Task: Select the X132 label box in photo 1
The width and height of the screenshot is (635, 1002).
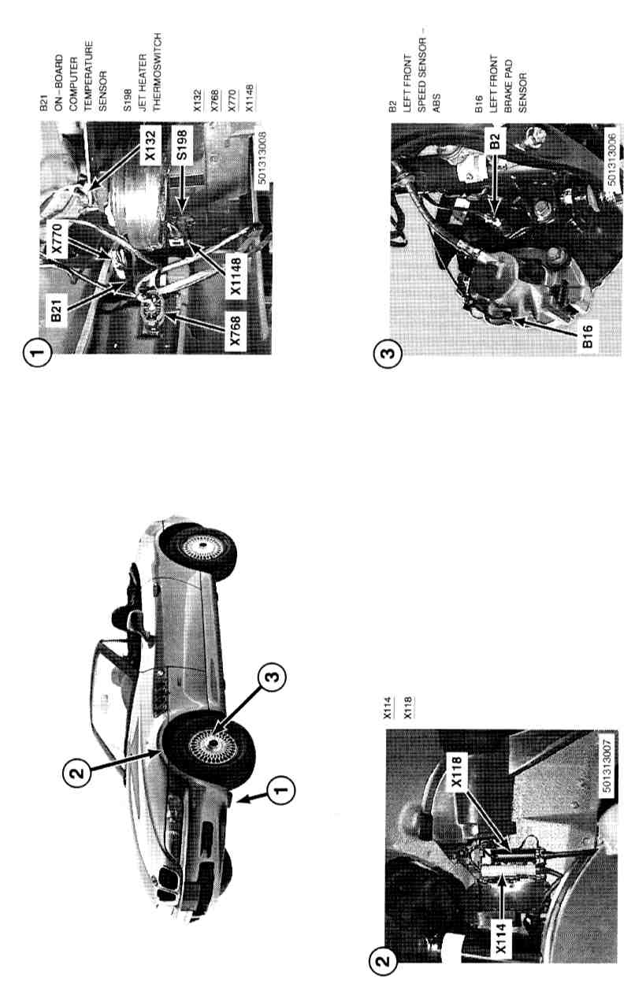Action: click(150, 144)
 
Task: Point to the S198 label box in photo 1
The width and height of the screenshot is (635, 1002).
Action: click(182, 143)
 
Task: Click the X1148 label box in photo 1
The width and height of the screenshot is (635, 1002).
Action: click(236, 276)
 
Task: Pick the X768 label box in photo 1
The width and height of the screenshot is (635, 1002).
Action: click(236, 331)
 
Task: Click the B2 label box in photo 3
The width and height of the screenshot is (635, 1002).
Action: click(494, 141)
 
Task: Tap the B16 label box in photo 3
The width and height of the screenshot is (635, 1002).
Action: click(588, 336)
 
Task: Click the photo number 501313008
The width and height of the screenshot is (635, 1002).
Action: click(263, 158)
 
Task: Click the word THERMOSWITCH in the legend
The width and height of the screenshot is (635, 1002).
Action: click(156, 72)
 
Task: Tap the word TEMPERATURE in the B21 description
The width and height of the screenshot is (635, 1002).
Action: click(87, 76)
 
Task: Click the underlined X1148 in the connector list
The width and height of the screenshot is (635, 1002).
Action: click(250, 98)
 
